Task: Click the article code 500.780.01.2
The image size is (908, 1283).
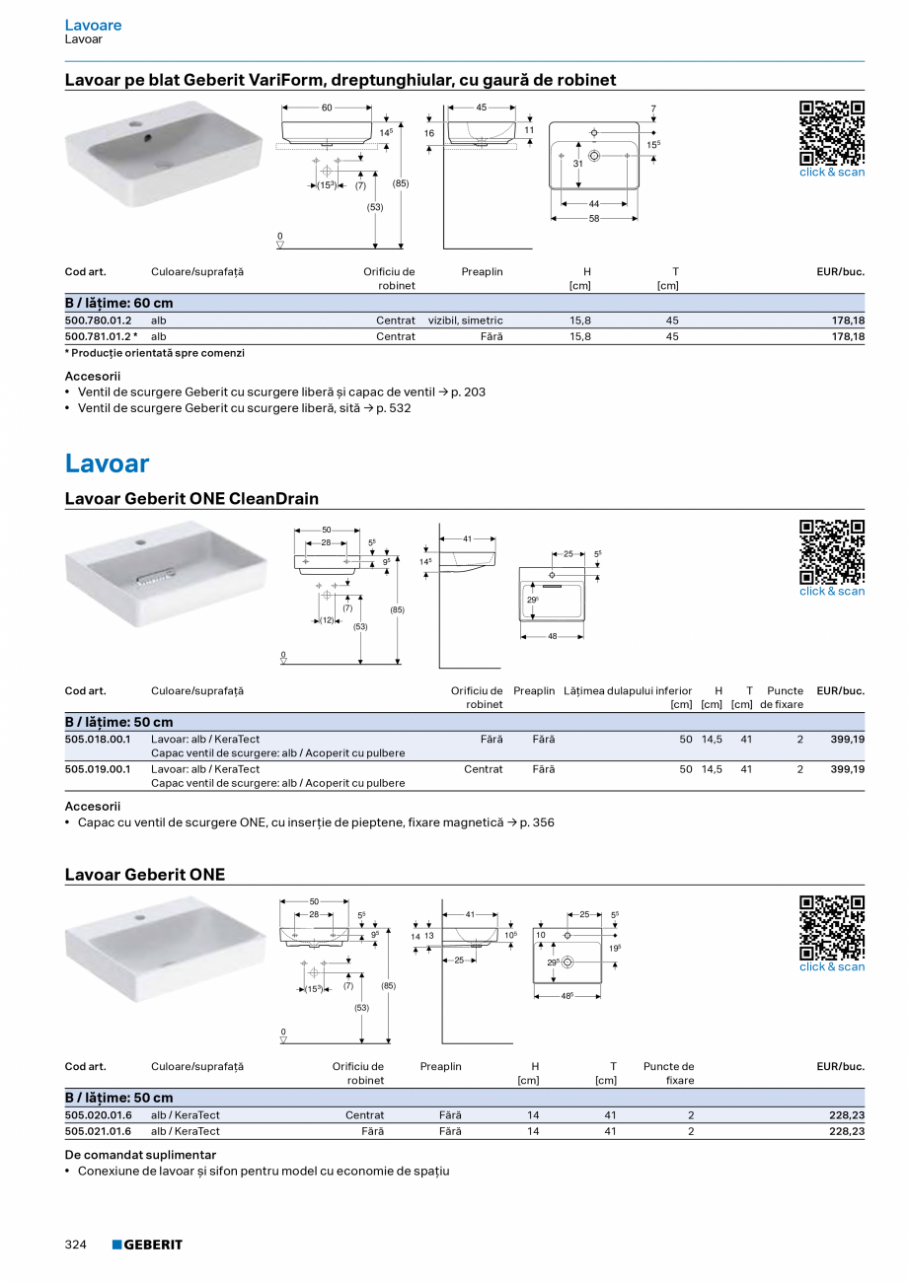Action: pos(98,321)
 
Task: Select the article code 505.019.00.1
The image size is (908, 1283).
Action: pos(98,769)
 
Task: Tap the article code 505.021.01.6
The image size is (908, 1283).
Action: pos(98,1131)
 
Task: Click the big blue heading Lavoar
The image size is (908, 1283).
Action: pos(107,463)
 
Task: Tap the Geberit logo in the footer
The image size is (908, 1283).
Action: pos(147,1245)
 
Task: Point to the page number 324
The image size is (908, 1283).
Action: pos(76,1245)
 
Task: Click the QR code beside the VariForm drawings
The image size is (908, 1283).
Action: pos(831,133)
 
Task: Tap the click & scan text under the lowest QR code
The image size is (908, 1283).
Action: pos(831,967)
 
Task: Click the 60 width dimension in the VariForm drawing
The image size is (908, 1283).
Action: pos(327,107)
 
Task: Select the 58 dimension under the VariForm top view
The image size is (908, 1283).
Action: pos(594,219)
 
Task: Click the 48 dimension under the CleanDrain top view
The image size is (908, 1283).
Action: pos(552,636)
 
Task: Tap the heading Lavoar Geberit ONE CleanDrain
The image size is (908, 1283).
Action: pos(191,499)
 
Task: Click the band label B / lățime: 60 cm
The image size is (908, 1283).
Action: pos(118,304)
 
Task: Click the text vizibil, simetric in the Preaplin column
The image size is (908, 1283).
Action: pos(466,321)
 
